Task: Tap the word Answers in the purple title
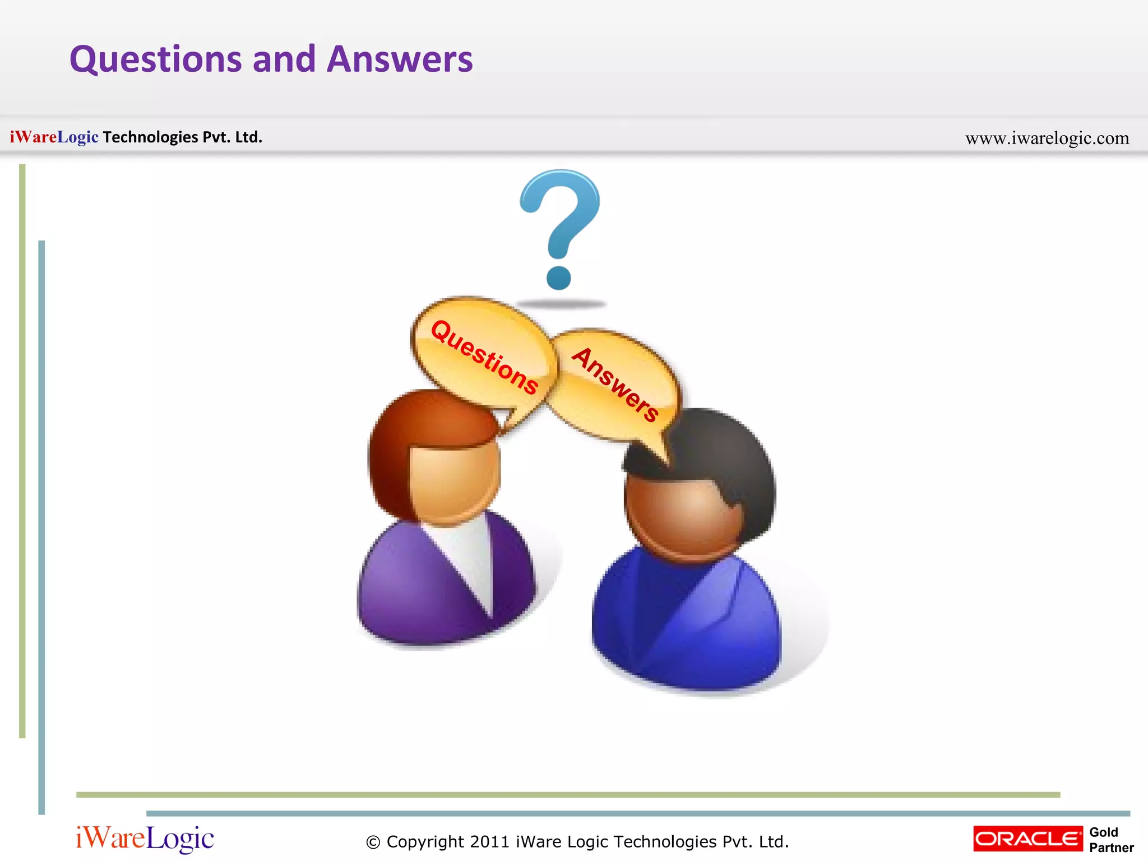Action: pyautogui.click(x=400, y=59)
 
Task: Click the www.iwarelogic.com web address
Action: pyautogui.click(x=1047, y=138)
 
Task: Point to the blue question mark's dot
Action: pyautogui.click(x=558, y=277)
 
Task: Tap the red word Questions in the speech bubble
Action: pyautogui.click(x=484, y=356)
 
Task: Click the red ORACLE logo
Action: pyautogui.click(x=1027, y=839)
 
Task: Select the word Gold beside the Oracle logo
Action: pyautogui.click(x=1103, y=832)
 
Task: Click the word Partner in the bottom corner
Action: pyautogui.click(x=1111, y=848)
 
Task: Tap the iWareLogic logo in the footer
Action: pyautogui.click(x=145, y=839)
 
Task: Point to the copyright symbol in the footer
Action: pyautogui.click(x=373, y=843)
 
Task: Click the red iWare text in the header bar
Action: pyautogui.click(x=33, y=137)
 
